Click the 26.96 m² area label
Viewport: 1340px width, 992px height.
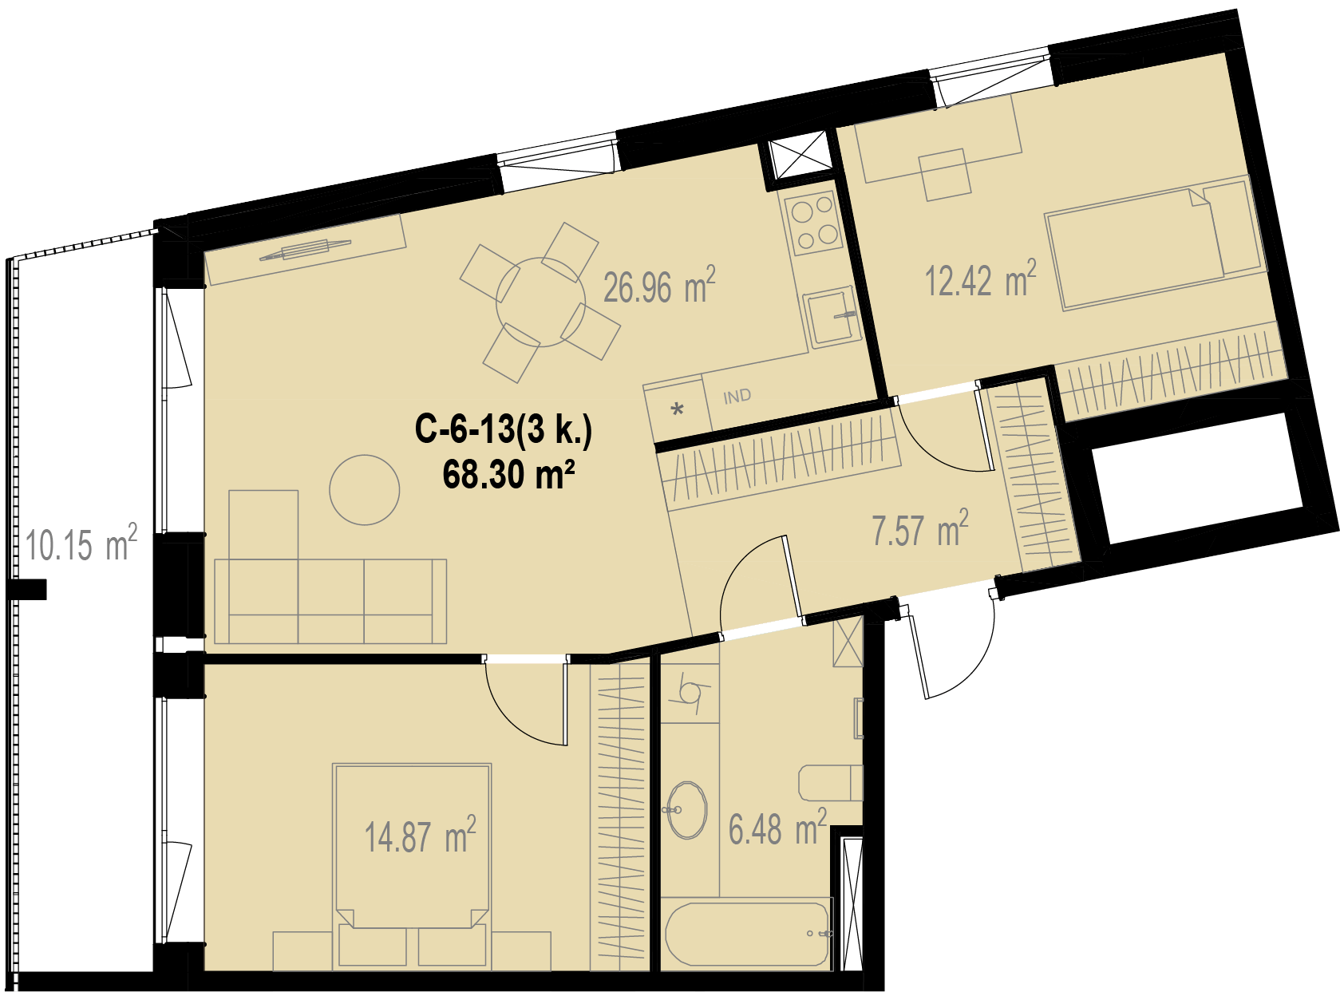click(659, 285)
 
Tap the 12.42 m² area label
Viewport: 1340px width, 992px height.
click(981, 279)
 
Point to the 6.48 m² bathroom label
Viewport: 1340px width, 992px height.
click(777, 828)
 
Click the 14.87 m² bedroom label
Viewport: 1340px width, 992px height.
click(420, 836)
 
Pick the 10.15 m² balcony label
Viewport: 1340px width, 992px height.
click(81, 543)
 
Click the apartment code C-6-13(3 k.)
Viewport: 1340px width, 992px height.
click(504, 429)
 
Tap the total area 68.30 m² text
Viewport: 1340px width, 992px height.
click(508, 474)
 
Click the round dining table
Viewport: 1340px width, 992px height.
click(541, 302)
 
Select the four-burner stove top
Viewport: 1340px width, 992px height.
click(813, 222)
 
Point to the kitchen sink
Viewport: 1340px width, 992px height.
click(832, 317)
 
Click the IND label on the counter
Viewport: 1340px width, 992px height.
click(737, 397)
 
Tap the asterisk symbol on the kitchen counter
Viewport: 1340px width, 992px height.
click(678, 409)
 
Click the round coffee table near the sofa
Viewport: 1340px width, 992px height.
click(364, 490)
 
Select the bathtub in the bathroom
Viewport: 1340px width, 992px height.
click(747, 935)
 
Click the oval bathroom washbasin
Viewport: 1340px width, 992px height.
click(687, 810)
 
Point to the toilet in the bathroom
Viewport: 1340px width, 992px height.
click(830, 783)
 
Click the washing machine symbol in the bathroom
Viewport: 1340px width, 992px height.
click(690, 693)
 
